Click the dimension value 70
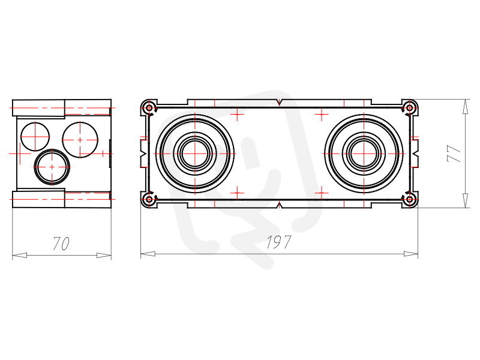[61, 244]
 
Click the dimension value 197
[278, 242]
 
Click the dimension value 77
[454, 154]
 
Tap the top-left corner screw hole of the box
[149, 108]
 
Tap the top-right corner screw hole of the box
[409, 108]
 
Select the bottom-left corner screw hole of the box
[149, 200]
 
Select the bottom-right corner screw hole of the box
[409, 200]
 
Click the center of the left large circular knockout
[195, 154]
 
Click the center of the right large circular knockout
[364, 154]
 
